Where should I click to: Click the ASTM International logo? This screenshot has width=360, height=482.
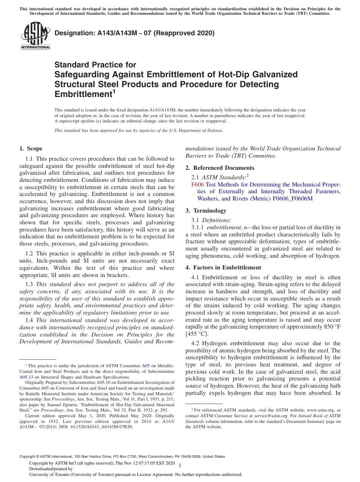tap(35, 36)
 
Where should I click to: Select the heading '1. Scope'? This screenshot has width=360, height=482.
tap(31, 149)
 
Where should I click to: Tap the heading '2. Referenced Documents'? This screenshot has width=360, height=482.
tap(220, 167)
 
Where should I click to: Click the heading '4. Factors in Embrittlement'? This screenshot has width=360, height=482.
tap(223, 267)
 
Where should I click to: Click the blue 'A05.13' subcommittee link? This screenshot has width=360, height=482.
tap(26, 377)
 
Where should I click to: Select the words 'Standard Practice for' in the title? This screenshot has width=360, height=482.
tap(95, 65)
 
